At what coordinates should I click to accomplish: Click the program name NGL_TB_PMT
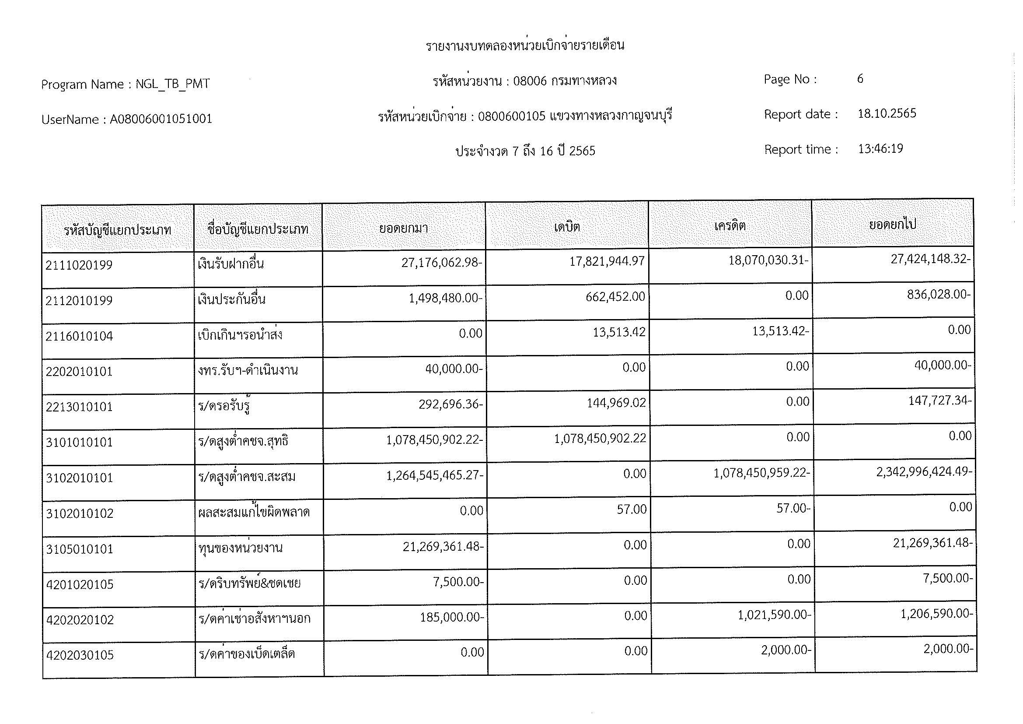172,84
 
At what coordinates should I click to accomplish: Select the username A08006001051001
161,119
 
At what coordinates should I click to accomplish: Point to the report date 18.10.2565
887,113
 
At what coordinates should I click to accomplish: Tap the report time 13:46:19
880,148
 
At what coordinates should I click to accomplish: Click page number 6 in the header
860,79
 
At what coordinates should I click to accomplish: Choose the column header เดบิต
567,227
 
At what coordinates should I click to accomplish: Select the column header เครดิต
730,225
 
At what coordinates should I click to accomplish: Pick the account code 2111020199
79,265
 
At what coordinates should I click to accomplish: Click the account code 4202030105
80,655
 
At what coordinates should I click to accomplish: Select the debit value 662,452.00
615,296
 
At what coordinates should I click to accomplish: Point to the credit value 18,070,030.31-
768,260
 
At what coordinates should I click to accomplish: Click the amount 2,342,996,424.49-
924,472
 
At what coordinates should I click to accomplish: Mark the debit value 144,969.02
617,403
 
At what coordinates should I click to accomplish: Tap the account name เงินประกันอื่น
232,299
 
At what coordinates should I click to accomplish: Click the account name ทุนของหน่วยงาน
241,548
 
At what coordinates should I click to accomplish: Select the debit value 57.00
632,509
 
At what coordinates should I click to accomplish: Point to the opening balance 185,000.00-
451,617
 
